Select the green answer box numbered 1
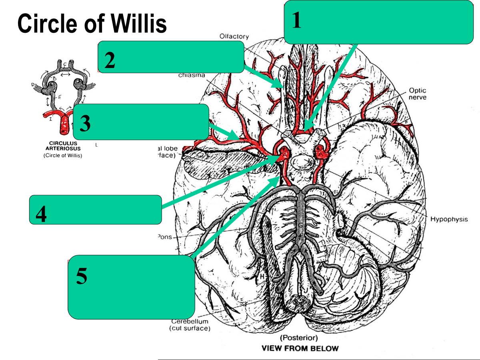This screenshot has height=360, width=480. pos(378,22)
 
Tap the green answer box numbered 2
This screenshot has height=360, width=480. pos(171,57)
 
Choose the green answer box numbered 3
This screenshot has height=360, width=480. pos(141,122)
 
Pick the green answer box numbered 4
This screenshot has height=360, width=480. pos(95,210)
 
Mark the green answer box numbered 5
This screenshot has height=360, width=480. pos(131,287)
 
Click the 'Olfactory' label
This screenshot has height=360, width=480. pos(234,36)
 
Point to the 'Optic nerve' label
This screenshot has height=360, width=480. pos(418,94)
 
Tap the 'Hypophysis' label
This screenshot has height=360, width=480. pos(449,219)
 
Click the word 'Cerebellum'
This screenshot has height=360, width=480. pos(190,321)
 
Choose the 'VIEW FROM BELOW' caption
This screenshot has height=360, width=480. pos(300,348)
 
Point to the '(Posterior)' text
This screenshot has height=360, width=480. pos(300,338)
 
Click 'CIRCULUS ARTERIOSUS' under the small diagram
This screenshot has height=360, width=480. pos(63,146)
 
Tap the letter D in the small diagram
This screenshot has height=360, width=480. pos(33,84)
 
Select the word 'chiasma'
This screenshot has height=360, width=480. pos(192,75)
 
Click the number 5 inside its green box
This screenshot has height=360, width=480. pos(82,276)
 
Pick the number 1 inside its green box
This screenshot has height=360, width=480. pos(296,20)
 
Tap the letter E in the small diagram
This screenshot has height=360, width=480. pos(60,96)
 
